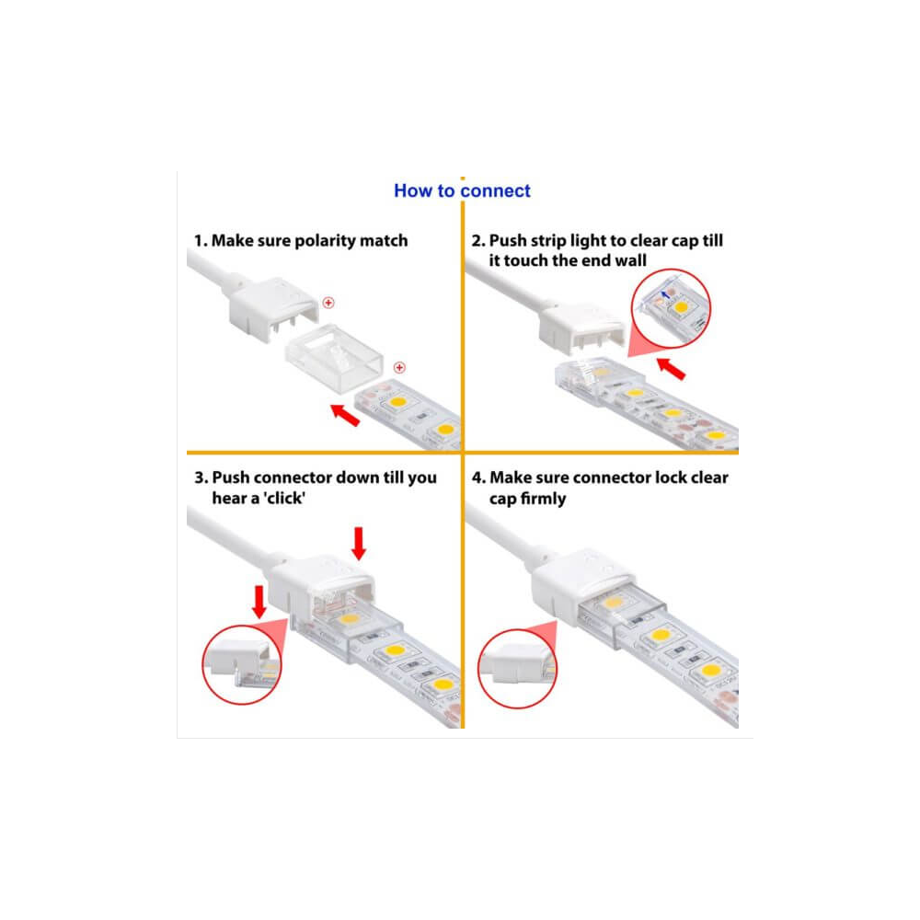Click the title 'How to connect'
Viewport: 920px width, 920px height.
pyautogui.click(x=462, y=190)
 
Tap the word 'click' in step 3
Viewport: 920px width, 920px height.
pyautogui.click(x=284, y=498)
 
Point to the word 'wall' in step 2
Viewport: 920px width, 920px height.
pyautogui.click(x=630, y=260)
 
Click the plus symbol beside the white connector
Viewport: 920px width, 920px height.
pyautogui.click(x=328, y=303)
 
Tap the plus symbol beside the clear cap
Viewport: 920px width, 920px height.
pyautogui.click(x=399, y=367)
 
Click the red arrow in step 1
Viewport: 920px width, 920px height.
pyautogui.click(x=345, y=415)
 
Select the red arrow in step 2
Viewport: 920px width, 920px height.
pyautogui.click(x=671, y=369)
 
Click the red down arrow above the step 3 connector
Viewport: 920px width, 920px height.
pyautogui.click(x=359, y=544)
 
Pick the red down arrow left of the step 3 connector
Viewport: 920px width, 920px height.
pyautogui.click(x=259, y=602)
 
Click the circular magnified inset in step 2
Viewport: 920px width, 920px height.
pyautogui.click(x=671, y=308)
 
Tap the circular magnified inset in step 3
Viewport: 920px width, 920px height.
pyautogui.click(x=242, y=665)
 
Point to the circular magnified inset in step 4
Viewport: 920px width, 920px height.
pyautogui.click(x=517, y=669)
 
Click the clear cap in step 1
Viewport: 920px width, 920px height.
pyautogui.click(x=335, y=357)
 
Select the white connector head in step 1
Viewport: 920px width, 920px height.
pyautogui.click(x=273, y=308)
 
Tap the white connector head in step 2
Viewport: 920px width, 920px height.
pyautogui.click(x=582, y=329)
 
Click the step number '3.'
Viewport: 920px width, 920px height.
pyautogui.click(x=201, y=477)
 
